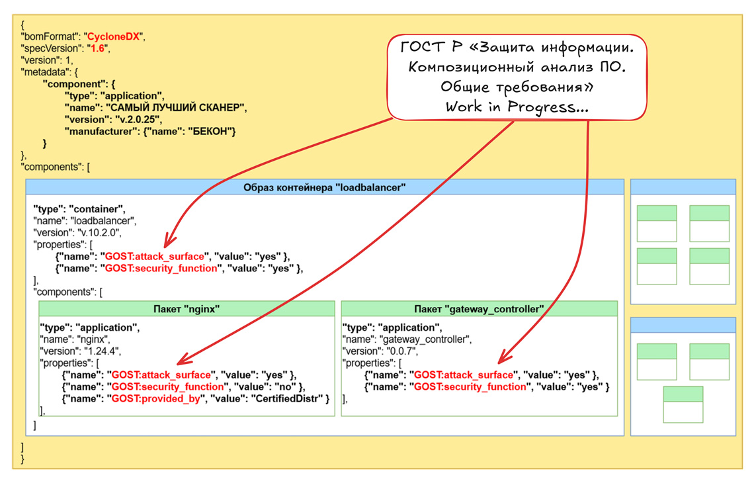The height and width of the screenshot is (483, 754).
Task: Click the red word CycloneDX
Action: [x=115, y=36]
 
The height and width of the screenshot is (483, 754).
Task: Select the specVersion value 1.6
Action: [x=97, y=48]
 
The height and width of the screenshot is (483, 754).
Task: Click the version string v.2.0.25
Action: [x=132, y=120]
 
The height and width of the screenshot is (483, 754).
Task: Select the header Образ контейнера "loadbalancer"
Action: [x=324, y=187]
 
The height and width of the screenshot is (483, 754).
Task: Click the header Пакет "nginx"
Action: [x=187, y=309]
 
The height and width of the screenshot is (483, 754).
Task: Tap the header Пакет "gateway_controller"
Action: [x=479, y=309]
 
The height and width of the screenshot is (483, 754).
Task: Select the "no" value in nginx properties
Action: [x=282, y=386]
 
